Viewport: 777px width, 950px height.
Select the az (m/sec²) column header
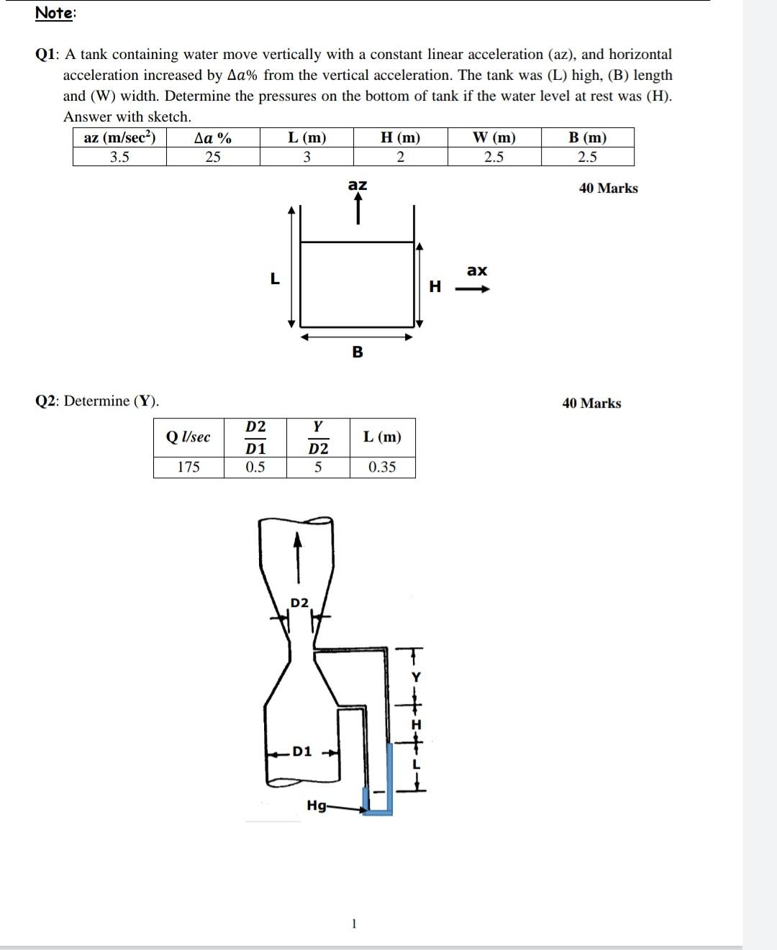coord(119,137)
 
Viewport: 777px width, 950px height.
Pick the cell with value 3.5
coord(119,157)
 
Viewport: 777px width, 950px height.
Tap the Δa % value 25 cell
coord(213,157)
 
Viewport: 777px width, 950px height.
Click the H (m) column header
coord(400,137)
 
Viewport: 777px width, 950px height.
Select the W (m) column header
coord(494,137)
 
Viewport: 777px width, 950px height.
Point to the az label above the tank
coord(358,185)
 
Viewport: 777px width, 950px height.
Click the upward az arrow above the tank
coord(358,209)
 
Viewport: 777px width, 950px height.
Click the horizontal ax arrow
coord(476,290)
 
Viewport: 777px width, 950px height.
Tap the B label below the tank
coord(358,352)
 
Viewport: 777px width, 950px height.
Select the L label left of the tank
coord(274,280)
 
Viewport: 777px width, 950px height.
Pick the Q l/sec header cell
coord(188,437)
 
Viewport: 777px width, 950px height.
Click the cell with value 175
coord(188,467)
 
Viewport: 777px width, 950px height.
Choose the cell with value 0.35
coord(382,467)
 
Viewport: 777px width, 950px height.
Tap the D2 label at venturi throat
coord(299,602)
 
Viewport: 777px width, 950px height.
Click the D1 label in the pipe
coord(303,752)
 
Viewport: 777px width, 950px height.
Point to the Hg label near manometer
coord(316,805)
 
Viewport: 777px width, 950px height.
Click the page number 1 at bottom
coord(353,924)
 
